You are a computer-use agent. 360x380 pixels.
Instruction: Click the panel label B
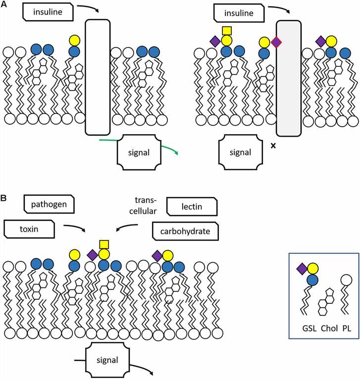4,199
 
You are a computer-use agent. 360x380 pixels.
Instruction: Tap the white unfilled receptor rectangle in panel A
98,77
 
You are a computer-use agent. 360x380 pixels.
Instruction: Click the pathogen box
49,203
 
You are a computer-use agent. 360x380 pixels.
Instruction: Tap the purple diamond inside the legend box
302,269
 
